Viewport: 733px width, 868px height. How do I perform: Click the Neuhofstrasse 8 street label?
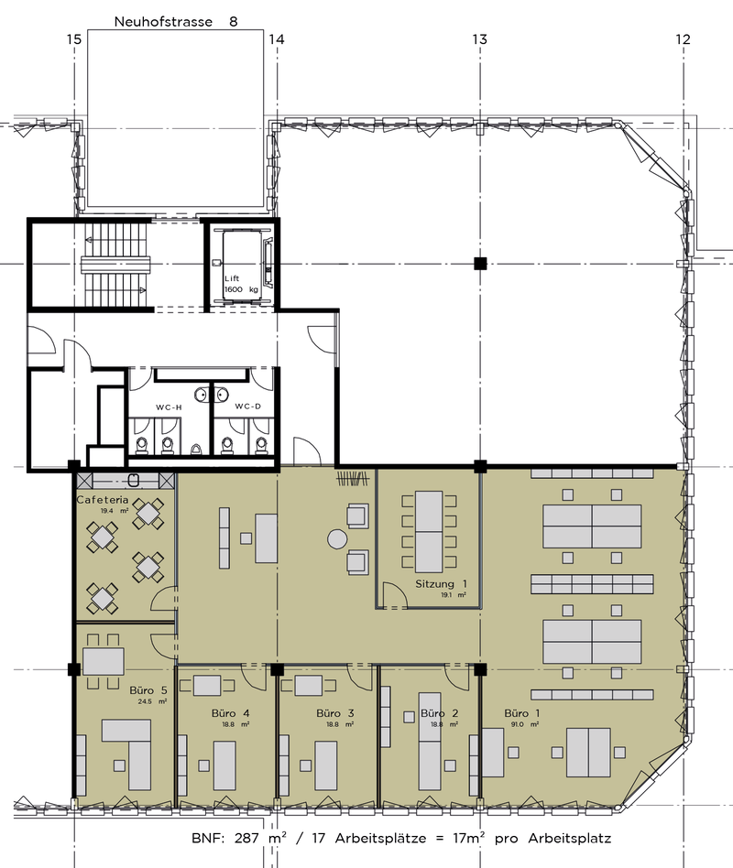176,22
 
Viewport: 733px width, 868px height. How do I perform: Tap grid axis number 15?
73,39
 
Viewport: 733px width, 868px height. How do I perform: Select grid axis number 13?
480,39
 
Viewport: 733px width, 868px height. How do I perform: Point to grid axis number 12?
684,39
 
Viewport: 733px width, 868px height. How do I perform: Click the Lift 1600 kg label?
241,284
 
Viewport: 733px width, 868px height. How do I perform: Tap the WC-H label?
169,407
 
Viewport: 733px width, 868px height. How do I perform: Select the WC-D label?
247,407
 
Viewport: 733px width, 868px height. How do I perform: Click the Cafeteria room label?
103,499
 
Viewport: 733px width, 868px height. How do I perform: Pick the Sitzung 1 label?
441,583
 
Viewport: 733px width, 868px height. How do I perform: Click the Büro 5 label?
148,690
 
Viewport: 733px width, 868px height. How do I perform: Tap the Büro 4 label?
231,713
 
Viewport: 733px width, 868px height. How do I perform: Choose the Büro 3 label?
335,713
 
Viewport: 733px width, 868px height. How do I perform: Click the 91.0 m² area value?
521,724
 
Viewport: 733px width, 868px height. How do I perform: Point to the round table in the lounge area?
337,538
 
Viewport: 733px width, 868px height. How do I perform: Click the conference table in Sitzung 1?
429,531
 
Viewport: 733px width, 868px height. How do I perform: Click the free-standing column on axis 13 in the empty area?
480,264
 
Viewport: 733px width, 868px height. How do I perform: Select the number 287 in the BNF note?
246,838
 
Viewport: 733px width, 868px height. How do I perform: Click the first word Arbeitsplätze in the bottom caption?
380,839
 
